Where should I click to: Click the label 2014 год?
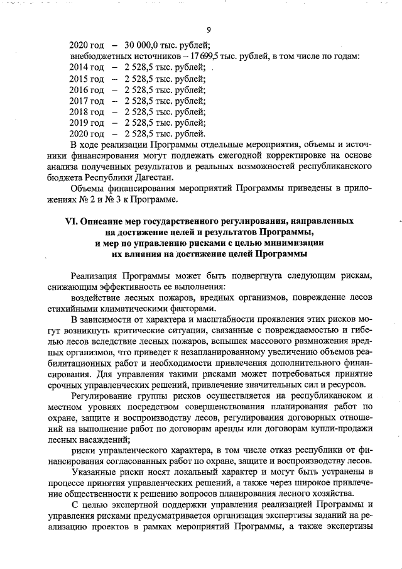(x=86, y=67)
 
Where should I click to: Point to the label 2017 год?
(x=86, y=101)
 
